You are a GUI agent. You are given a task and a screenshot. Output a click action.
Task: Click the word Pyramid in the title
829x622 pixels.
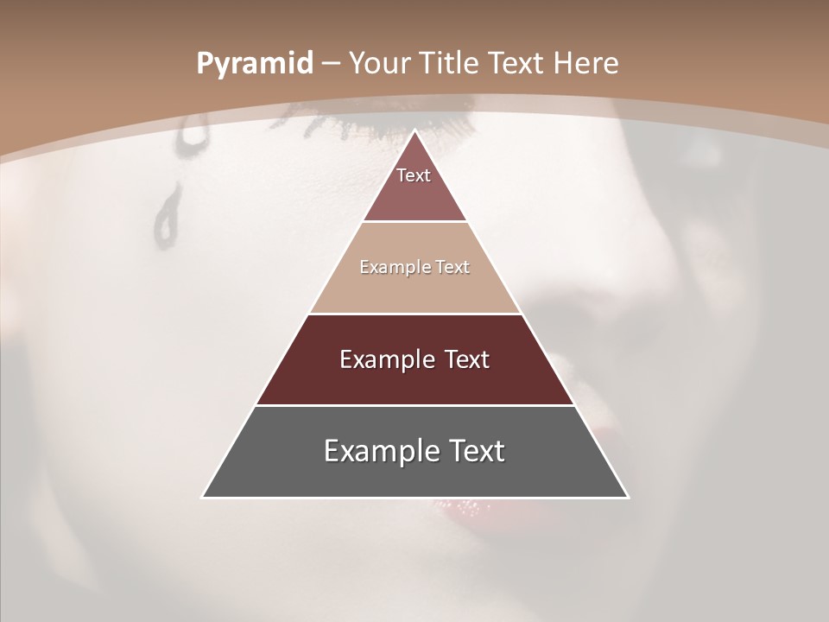[254, 64]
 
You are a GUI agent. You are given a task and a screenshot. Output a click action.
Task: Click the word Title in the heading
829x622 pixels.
[451, 63]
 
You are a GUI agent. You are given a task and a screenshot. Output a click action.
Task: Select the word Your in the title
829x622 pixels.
[379, 63]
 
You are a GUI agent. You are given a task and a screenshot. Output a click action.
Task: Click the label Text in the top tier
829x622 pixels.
[414, 175]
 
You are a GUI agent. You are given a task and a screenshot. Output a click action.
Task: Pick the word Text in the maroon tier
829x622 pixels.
[467, 359]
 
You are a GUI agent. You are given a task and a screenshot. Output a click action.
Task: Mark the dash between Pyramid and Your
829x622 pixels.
[331, 64]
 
